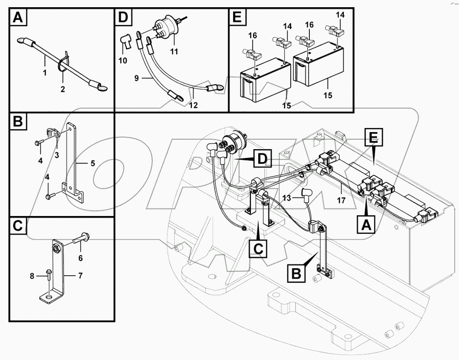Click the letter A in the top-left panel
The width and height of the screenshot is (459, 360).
(17, 18)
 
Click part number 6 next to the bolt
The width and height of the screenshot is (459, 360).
(81, 258)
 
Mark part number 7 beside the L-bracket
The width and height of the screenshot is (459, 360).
(80, 275)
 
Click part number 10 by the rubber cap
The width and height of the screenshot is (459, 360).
(123, 61)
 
